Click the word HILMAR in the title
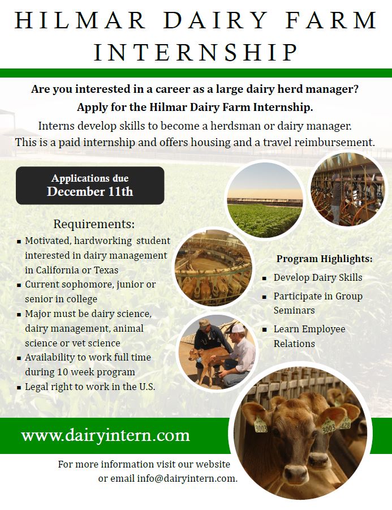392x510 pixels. [x=80, y=20]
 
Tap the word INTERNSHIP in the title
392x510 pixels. [x=196, y=53]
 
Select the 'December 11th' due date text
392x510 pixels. [x=90, y=192]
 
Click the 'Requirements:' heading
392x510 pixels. [x=94, y=224]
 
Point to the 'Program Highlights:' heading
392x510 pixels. [x=324, y=259]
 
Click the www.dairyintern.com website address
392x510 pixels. [x=105, y=435]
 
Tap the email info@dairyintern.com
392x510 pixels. [x=187, y=478]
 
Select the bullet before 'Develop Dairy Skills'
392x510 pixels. [x=265, y=278]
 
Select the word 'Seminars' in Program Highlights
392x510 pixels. [x=294, y=311]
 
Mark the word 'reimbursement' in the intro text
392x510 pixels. [x=337, y=142]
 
